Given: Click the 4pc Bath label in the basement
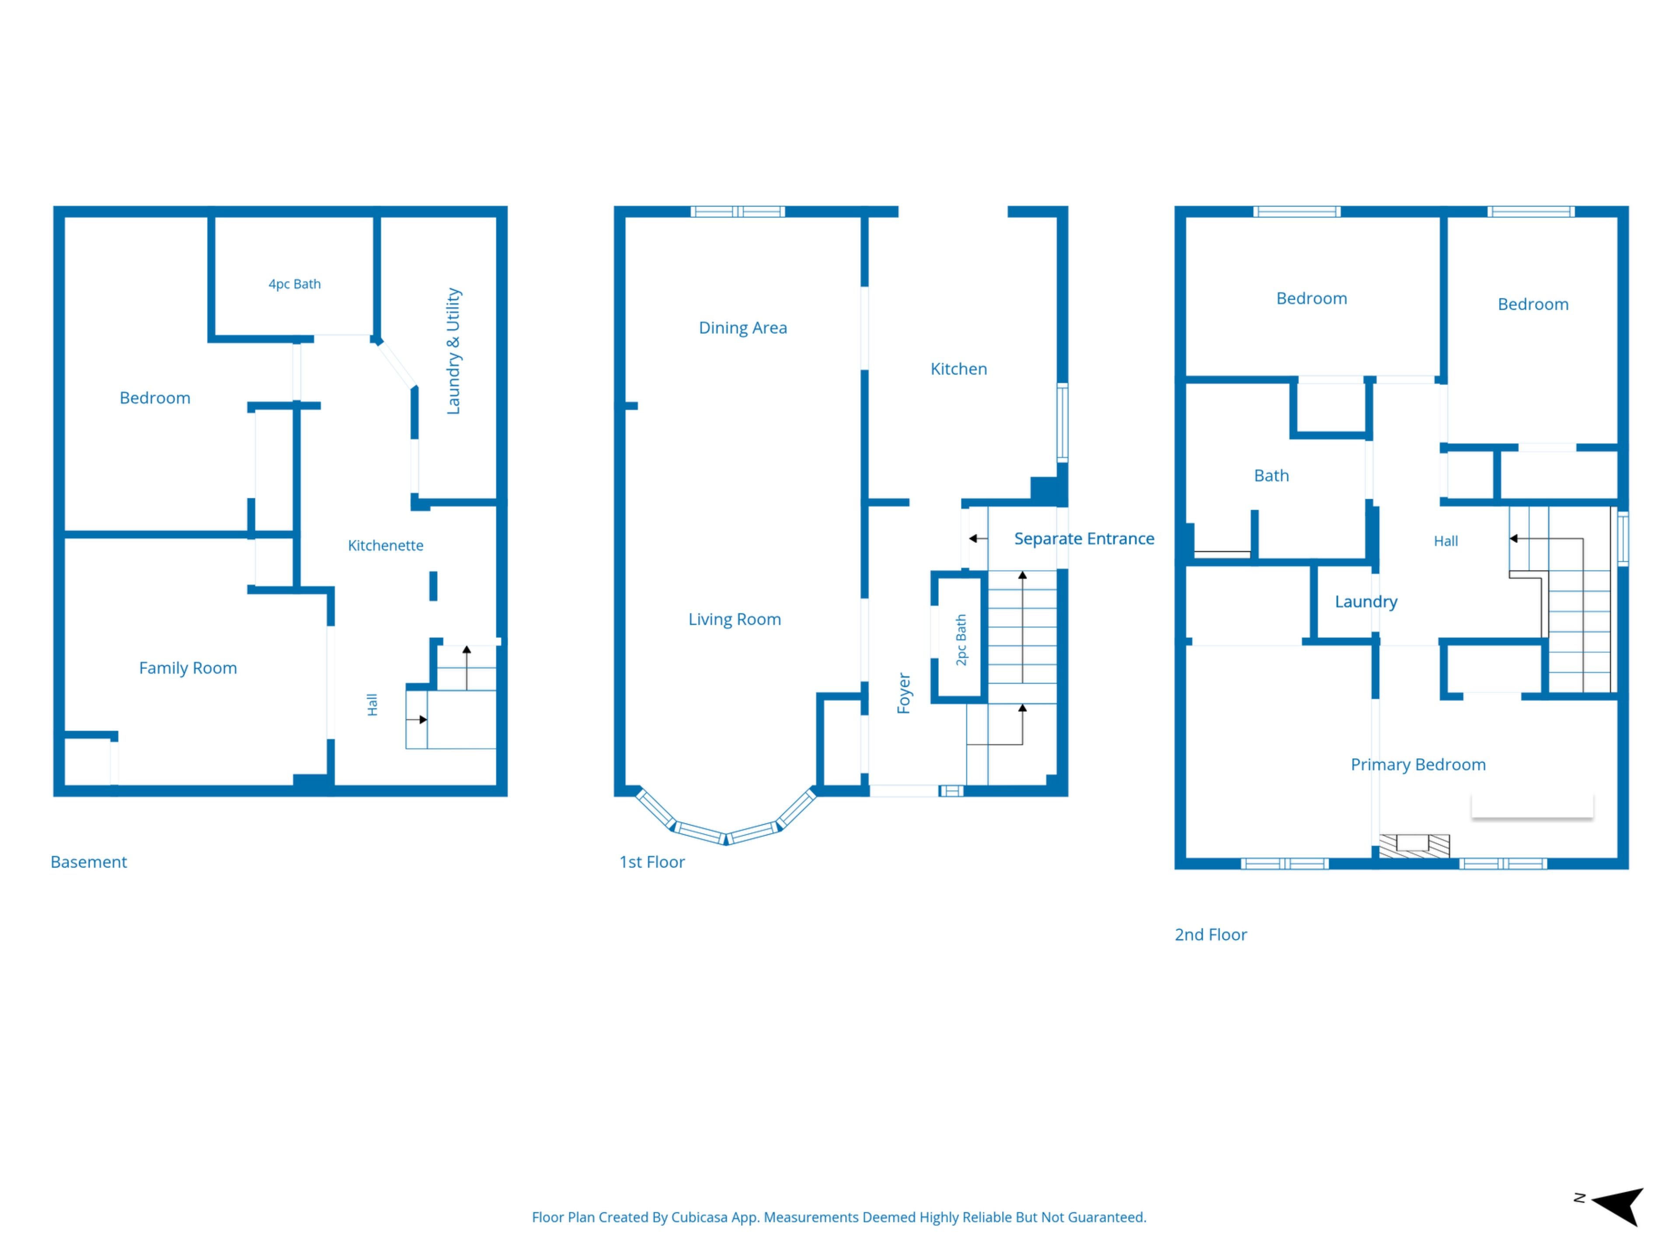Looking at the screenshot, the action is point(295,284).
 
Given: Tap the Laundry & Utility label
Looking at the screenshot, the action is point(453,351).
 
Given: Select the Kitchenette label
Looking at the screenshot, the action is point(386,545).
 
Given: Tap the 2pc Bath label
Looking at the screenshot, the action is point(961,640).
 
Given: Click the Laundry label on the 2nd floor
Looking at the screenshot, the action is point(1366,602).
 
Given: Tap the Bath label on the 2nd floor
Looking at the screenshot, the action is point(1271,476).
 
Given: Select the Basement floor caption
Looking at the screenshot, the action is point(89,862).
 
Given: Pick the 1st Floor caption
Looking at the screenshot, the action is point(652,862).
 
